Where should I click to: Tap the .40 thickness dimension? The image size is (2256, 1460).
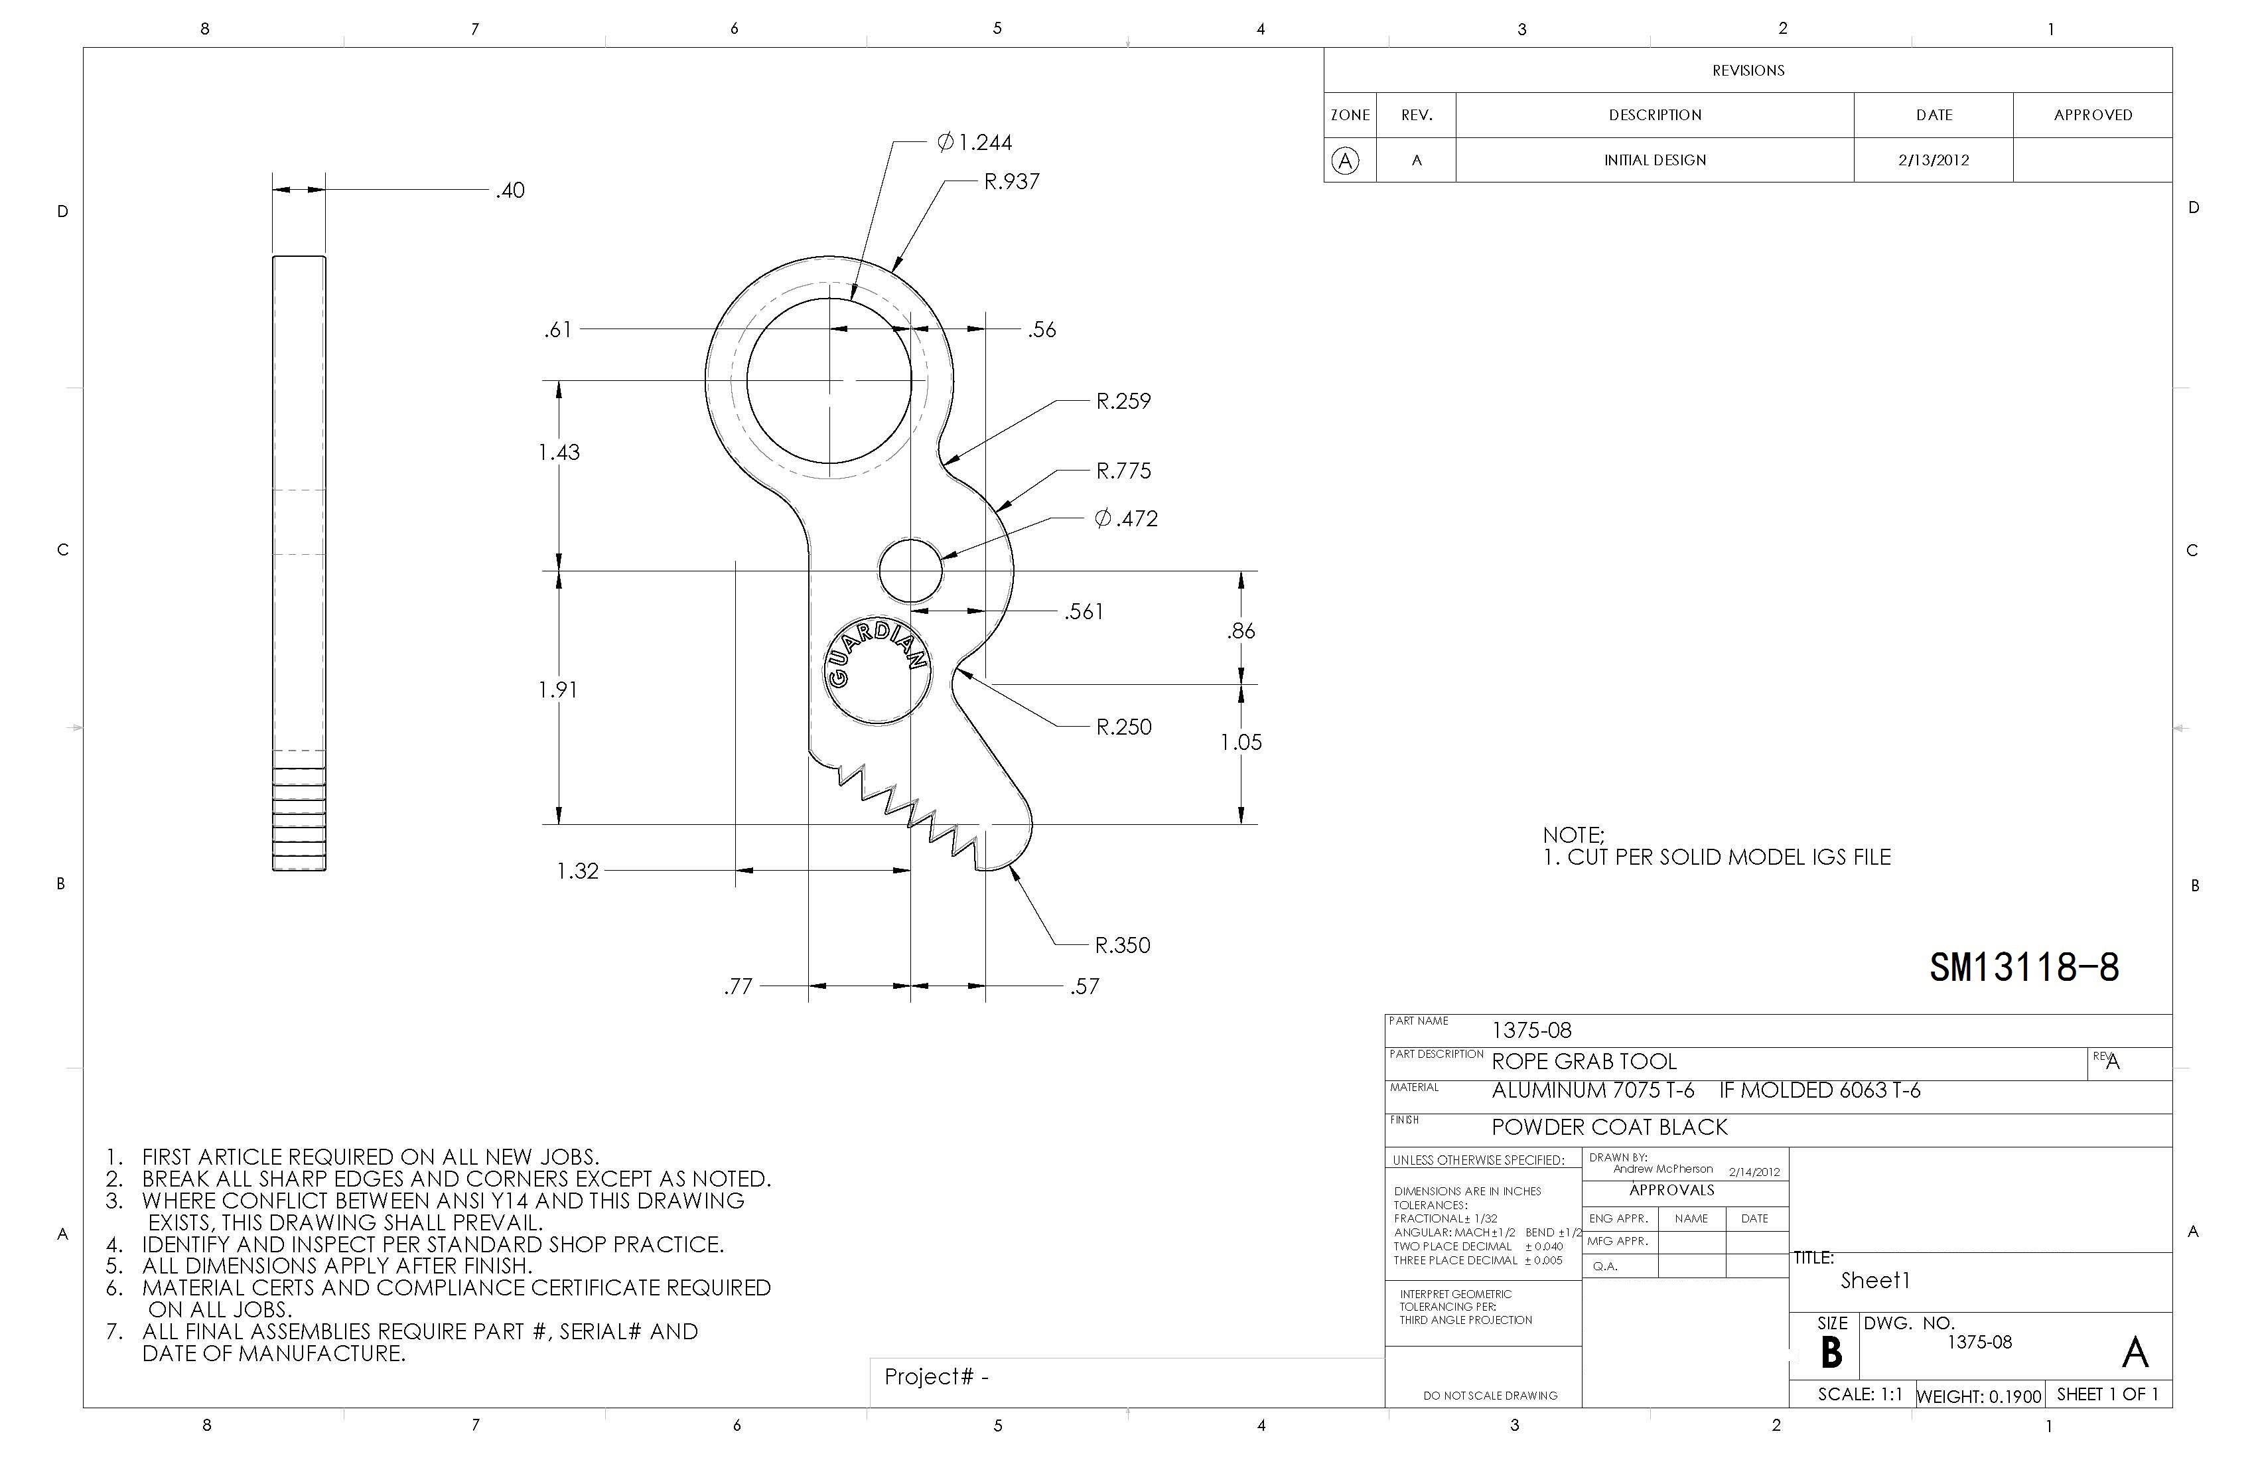510,190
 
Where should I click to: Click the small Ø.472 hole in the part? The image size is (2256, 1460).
910,571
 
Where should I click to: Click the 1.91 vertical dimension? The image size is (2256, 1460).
558,690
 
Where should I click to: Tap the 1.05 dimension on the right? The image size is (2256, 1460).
1241,743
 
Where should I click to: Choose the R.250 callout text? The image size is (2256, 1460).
1123,727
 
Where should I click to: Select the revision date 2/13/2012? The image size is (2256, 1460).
1933,160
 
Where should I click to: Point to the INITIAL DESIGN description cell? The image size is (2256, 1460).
1654,160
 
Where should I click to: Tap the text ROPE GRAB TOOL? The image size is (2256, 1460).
1583,1062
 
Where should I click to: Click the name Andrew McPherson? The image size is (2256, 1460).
1663,1169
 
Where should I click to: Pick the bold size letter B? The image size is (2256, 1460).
1831,1353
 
